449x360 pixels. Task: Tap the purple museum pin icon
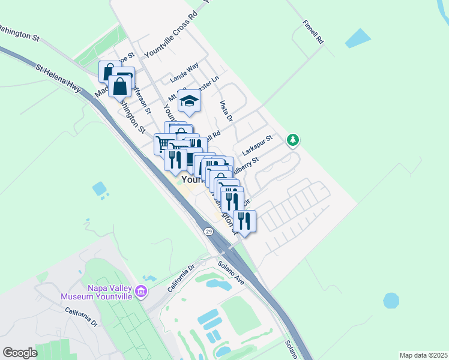point(142,292)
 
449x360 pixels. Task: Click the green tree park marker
point(293,140)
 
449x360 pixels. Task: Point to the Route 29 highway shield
point(208,232)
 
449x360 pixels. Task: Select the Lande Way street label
point(184,74)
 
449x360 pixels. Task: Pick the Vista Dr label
point(225,111)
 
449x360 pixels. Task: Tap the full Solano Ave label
point(231,272)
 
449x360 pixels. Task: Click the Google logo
point(20,353)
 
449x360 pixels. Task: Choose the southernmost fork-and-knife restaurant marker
point(246,221)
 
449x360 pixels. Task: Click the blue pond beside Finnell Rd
point(359,38)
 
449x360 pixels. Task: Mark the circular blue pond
point(391,300)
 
